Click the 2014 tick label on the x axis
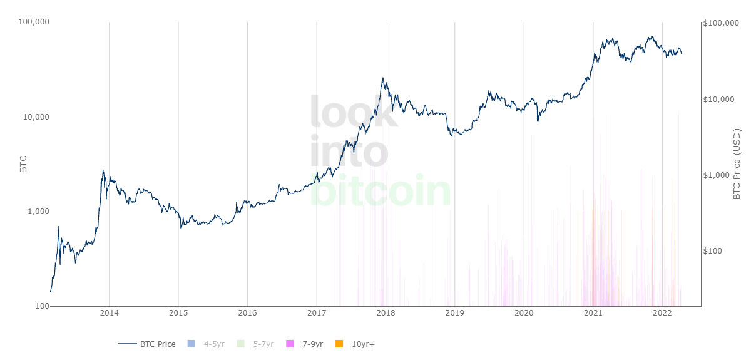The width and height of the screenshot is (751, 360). coord(110,313)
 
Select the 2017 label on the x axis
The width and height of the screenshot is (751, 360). coord(317,313)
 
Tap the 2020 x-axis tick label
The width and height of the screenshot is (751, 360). coord(524,313)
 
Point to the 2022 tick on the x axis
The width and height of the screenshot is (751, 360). coord(662,313)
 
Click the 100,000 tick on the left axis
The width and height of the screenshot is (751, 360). coord(34,22)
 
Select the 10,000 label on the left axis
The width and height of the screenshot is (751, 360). coord(36,116)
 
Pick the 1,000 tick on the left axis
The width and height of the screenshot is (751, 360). coord(38,212)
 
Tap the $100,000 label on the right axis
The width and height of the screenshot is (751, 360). coord(721,23)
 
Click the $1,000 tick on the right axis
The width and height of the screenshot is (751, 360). coord(716,175)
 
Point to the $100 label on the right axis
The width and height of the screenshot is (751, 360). coord(712,250)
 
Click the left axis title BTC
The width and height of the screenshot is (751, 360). coord(23,164)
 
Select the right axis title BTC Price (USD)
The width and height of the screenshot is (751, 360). coord(736,164)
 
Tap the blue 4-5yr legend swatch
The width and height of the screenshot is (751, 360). coord(191,344)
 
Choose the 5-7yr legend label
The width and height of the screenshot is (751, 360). coord(263,344)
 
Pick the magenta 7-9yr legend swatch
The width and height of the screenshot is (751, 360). coord(290,344)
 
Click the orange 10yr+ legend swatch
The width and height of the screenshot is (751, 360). coord(339,344)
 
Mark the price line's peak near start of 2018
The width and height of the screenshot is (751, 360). coord(382,78)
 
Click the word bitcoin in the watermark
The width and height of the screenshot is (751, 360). coord(381,190)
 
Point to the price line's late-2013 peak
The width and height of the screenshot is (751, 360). coord(103,170)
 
